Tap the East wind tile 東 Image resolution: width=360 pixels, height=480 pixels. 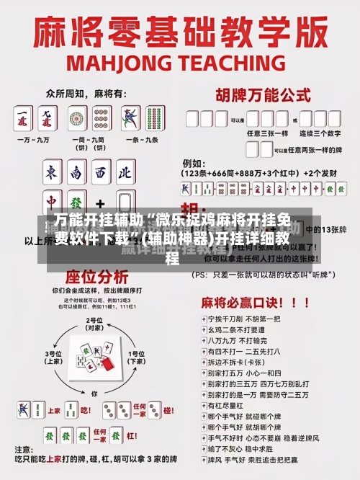click(53, 173)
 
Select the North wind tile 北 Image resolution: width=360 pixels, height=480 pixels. click(125, 173)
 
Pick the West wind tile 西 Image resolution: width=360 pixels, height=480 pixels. click(100, 173)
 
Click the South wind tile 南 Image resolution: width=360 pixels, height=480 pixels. click(76, 173)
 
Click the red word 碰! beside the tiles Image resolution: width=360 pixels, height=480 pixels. click(167, 410)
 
